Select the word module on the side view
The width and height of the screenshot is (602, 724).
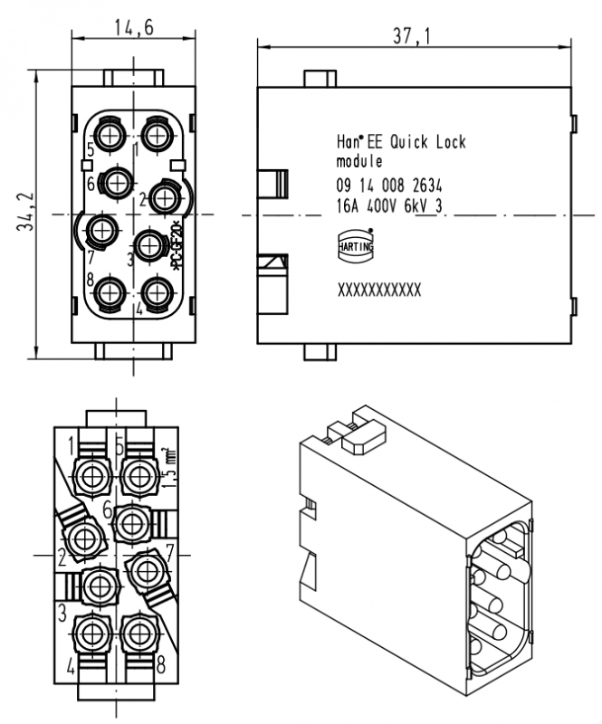[359, 162]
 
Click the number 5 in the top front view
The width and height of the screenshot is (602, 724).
[91, 149]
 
